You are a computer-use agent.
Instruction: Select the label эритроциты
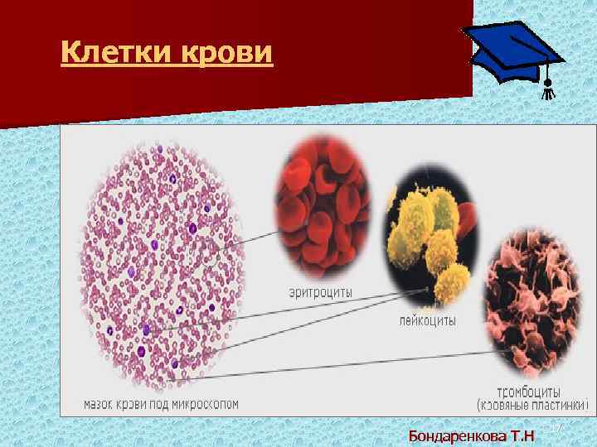coord(320,292)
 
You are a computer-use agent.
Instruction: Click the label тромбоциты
coord(527,391)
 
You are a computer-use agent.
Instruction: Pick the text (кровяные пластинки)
coord(532,406)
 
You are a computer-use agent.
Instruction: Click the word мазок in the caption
coord(102,405)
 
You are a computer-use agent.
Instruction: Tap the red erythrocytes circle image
coord(323,203)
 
